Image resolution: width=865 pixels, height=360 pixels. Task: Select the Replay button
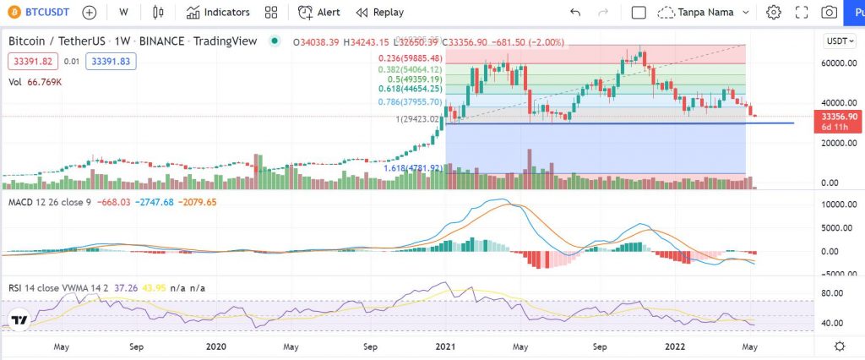tap(379, 13)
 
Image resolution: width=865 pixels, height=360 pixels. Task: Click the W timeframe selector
tap(123, 13)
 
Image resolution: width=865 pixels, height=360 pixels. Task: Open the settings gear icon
tap(773, 13)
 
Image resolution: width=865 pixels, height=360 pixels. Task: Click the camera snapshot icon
tap(830, 13)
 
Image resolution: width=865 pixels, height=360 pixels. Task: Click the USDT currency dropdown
tap(839, 41)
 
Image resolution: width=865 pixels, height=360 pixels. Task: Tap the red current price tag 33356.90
tap(839, 116)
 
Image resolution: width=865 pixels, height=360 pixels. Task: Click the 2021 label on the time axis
tap(446, 346)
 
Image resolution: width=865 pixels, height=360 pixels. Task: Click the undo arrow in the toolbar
tap(575, 13)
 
